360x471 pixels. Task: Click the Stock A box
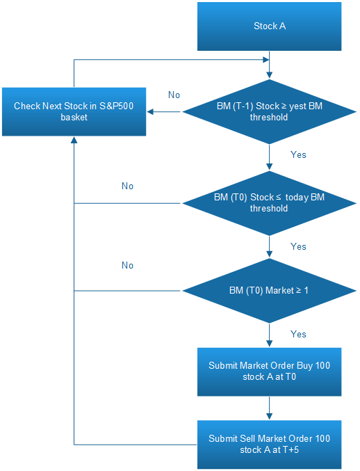tap(269, 26)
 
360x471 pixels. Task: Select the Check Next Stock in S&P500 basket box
tap(74, 111)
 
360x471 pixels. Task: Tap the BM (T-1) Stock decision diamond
tap(269, 111)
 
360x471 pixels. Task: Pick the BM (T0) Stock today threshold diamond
tap(269, 203)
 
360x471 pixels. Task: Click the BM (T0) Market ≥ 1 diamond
tap(269, 291)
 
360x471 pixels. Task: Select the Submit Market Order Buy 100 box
tap(269, 372)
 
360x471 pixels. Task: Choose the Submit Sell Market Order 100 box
tap(269, 445)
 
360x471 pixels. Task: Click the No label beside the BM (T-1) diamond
tap(174, 95)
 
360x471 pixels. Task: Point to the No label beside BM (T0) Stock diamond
tap(127, 186)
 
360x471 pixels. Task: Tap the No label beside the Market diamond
tap(127, 266)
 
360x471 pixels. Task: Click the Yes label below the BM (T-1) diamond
tap(298, 154)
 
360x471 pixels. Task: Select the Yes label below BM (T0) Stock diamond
tap(298, 246)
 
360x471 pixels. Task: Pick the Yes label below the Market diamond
tap(298, 335)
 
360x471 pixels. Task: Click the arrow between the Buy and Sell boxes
tap(269, 408)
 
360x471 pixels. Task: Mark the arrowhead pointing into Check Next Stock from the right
tap(150, 112)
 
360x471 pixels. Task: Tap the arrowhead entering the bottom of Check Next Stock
tap(74, 140)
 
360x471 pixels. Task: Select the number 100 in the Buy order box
tap(322, 365)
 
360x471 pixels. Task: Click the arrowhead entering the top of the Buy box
tap(269, 344)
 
